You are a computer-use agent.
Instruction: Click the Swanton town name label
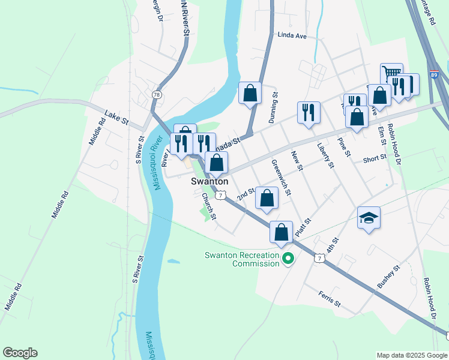(x=209, y=181)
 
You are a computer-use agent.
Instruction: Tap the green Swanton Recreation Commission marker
(x=288, y=259)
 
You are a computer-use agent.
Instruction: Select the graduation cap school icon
(x=369, y=218)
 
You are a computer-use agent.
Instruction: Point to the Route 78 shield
(x=157, y=95)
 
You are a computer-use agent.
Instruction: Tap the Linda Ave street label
(x=292, y=36)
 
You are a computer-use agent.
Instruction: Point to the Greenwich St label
(x=281, y=178)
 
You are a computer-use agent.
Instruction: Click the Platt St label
(x=303, y=227)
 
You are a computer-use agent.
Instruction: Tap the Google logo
(x=20, y=353)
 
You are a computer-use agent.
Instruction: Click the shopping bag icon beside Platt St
(x=281, y=232)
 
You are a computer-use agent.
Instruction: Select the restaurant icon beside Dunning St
(x=309, y=112)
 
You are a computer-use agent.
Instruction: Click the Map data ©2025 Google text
(x=411, y=355)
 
